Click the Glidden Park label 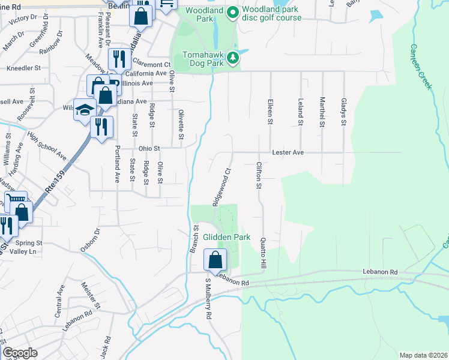[x=226, y=237]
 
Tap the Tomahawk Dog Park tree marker [x=232, y=59]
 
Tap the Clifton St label [x=259, y=175]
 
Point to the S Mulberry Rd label [x=208, y=299]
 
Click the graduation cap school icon [x=85, y=110]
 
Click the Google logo [x=20, y=353]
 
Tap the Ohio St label [x=133, y=148]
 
